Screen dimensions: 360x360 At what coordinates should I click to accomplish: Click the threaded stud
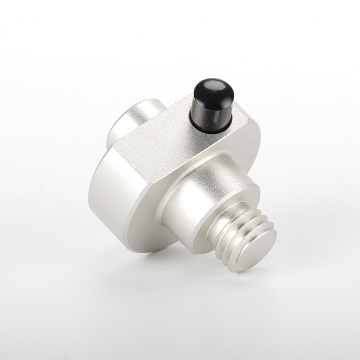point(245,238)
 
